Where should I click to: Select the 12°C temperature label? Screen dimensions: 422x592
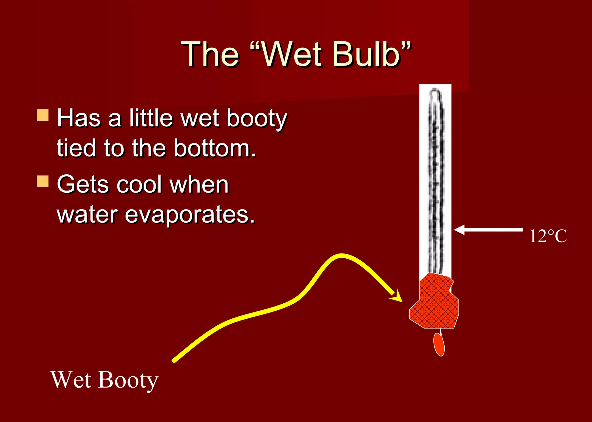[548, 236]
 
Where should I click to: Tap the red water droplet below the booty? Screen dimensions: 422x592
[439, 344]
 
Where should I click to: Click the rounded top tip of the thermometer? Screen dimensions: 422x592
[435, 92]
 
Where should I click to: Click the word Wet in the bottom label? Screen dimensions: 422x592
[71, 380]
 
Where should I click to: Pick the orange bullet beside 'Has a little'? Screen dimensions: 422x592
[42, 115]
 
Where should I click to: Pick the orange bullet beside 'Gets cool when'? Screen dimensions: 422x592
[42, 181]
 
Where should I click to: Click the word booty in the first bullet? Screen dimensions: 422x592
[257, 119]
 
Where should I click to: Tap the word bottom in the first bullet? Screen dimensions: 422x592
[215, 148]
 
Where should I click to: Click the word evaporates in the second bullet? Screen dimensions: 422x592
[190, 215]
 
